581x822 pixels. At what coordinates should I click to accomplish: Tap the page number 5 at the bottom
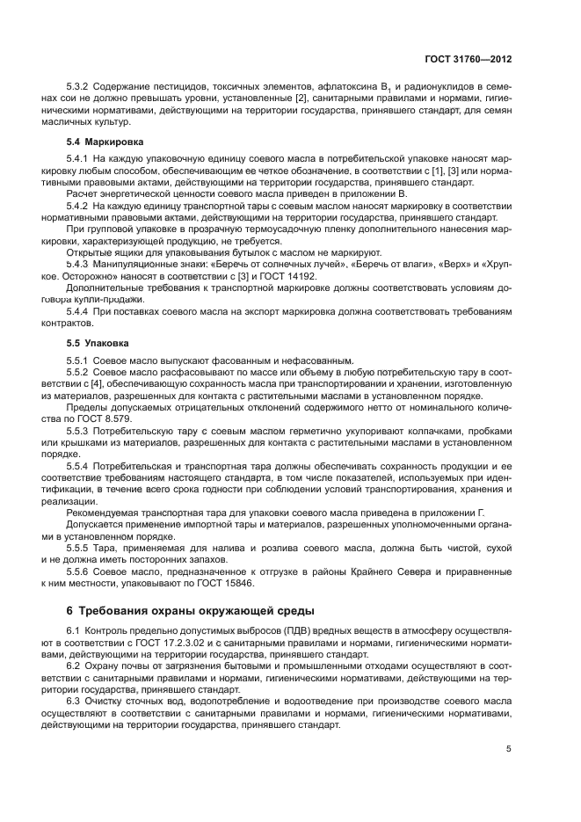click(x=509, y=749)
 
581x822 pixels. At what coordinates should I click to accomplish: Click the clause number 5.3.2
click(x=80, y=86)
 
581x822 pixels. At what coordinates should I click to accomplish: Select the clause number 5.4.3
click(x=80, y=263)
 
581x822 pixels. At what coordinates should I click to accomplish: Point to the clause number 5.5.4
click(x=80, y=463)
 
